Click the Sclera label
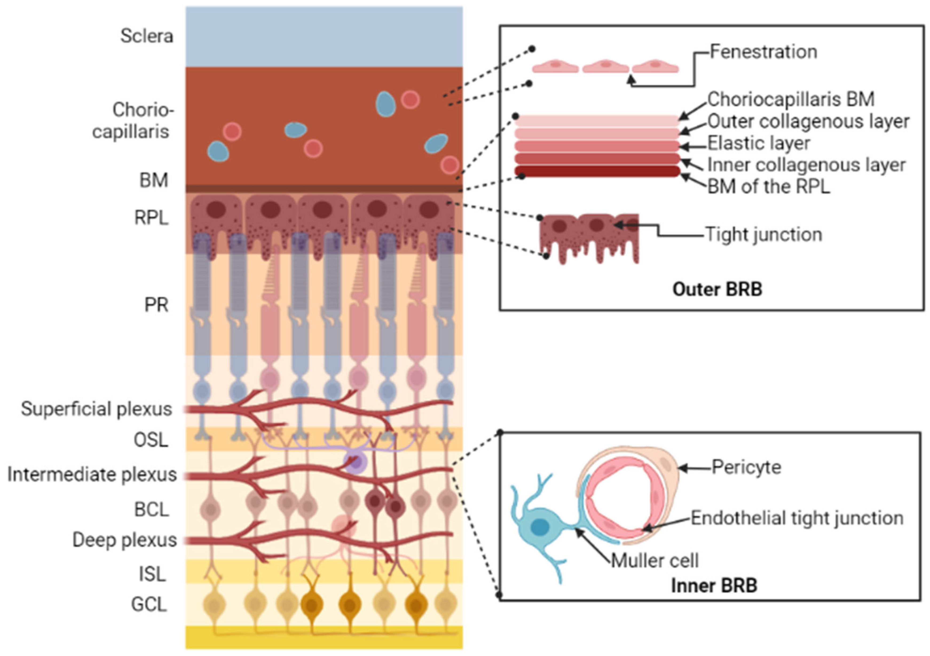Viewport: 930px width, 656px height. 147,36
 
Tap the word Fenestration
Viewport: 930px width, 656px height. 763,52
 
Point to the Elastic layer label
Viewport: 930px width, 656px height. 758,143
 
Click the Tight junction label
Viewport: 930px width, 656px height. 763,235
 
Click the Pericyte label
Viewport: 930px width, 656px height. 746,467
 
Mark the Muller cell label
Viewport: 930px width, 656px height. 655,561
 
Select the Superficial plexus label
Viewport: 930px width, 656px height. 96,409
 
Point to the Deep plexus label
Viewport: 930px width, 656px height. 124,540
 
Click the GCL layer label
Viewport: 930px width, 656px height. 149,604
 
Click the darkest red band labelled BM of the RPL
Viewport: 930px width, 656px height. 597,171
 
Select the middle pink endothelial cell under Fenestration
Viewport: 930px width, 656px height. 606,66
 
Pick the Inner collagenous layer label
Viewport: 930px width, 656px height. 806,165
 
